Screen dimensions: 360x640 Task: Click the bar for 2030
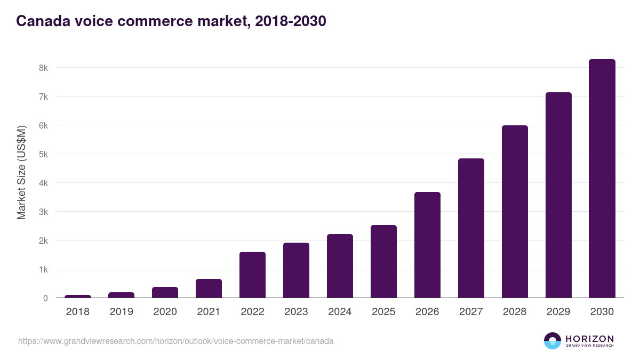pos(602,179)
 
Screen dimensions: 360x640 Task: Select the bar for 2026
pos(427,245)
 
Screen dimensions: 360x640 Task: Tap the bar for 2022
pos(252,275)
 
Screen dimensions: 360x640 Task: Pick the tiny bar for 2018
pos(78,297)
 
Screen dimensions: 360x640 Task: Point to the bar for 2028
pos(515,212)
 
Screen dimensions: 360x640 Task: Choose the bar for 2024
pos(340,266)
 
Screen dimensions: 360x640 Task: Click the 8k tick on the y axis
pos(43,68)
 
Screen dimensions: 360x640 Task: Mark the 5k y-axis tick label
pos(43,155)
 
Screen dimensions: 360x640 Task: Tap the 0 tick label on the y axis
pos(45,298)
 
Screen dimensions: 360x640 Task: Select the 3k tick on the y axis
pos(43,212)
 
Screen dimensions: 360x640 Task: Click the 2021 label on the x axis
pos(209,312)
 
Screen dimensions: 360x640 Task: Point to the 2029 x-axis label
pos(558,312)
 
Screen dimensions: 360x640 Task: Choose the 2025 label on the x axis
pos(383,312)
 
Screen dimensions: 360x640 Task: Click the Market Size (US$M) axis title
pos(21,172)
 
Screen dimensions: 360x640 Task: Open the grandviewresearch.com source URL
pos(175,341)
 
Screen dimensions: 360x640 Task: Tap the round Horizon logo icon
pos(553,341)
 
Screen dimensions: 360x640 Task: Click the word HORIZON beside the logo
pos(589,339)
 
